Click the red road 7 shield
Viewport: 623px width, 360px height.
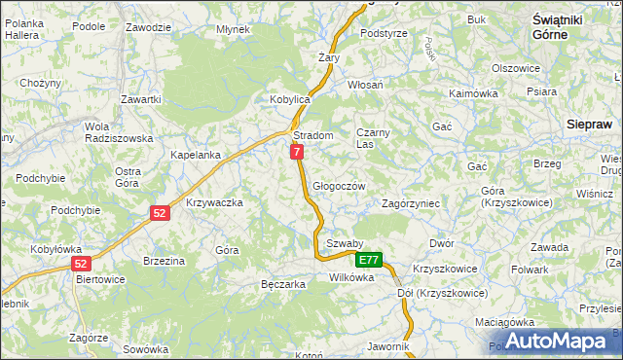pos(297,152)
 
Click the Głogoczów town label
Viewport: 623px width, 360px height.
pos(339,186)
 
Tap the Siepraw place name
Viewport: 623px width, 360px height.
pos(589,125)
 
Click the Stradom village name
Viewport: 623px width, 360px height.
pos(313,135)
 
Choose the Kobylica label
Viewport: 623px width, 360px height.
pos(289,99)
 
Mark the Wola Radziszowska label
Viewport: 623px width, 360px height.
pos(119,132)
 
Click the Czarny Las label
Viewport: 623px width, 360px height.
pos(372,137)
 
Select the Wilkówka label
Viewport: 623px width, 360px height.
pos(351,277)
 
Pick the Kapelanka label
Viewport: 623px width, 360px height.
pos(196,155)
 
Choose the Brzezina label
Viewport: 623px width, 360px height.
pos(164,261)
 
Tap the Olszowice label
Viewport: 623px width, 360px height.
pos(516,68)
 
